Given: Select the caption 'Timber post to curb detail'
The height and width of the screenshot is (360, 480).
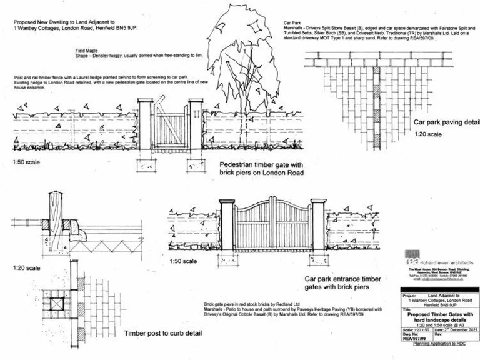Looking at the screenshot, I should point(162,334).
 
